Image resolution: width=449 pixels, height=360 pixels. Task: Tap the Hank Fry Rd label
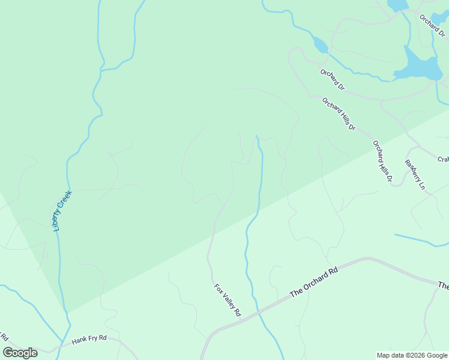pyautogui.click(x=89, y=340)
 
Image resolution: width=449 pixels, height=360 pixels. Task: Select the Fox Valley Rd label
pyautogui.click(x=228, y=300)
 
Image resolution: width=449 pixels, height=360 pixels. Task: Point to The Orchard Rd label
pyautogui.click(x=314, y=282)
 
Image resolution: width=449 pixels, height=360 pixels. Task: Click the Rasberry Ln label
pyautogui.click(x=414, y=175)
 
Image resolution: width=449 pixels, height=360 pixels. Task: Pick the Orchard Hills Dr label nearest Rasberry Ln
pyautogui.click(x=382, y=161)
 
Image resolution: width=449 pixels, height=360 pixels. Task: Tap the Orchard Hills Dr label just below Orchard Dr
pyautogui.click(x=339, y=114)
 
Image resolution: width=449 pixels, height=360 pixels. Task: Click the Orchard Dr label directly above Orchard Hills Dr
pyautogui.click(x=332, y=80)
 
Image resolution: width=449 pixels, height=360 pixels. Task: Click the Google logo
pyautogui.click(x=20, y=353)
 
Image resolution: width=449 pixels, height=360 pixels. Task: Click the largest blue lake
pyautogui.click(x=415, y=66)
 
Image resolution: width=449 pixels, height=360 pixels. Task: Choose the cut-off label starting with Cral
pyautogui.click(x=443, y=160)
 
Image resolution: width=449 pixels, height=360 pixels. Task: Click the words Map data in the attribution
pyautogui.click(x=390, y=355)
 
